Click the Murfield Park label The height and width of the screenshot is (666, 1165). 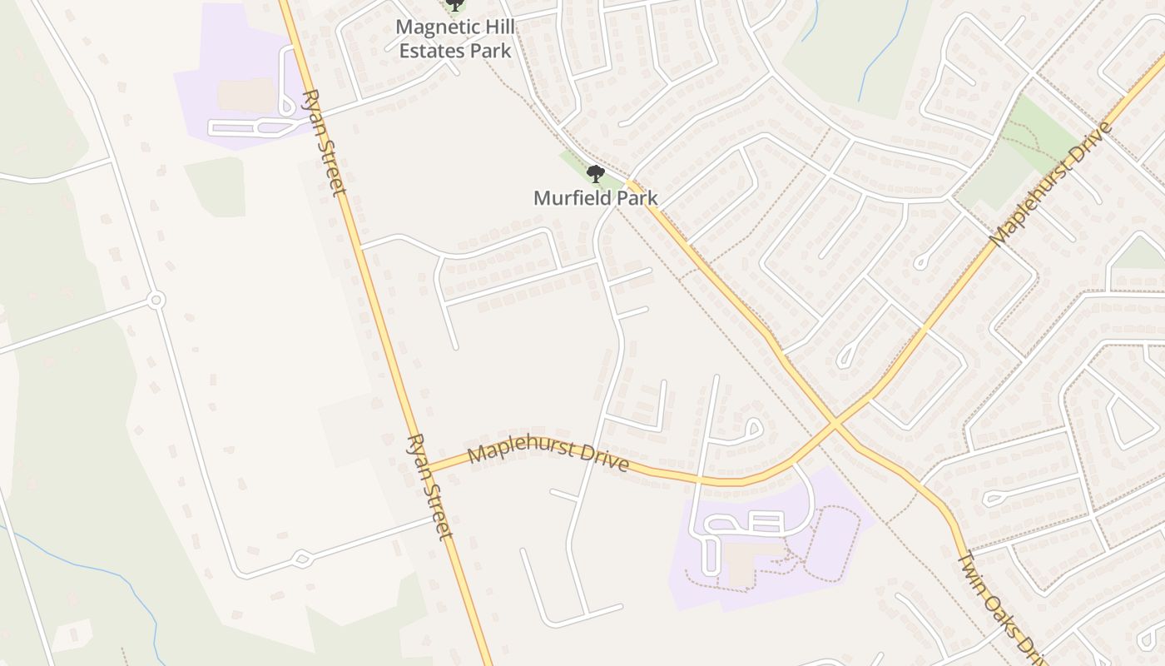click(x=595, y=198)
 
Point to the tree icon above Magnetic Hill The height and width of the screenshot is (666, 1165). click(x=454, y=6)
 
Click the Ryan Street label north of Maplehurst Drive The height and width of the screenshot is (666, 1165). click(x=325, y=142)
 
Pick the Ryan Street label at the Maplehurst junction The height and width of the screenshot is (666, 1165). click(x=429, y=486)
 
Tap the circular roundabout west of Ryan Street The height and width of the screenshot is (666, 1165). click(x=155, y=300)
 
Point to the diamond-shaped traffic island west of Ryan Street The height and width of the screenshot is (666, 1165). click(x=301, y=558)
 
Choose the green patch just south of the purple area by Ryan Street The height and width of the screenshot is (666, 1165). click(x=215, y=186)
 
